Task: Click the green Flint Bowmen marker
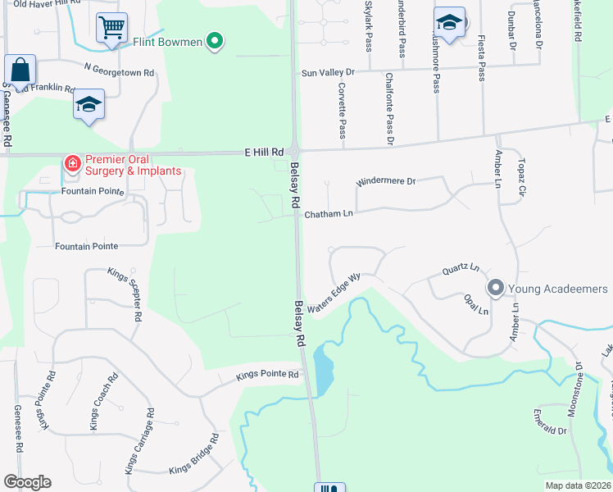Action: [215, 40]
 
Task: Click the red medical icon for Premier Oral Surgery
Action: [73, 164]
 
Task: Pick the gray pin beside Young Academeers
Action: [495, 288]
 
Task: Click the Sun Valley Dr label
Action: [328, 72]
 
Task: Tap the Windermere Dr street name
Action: [387, 181]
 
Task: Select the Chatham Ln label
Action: [329, 214]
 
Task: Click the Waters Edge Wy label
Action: [334, 289]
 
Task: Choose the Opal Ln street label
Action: [476, 305]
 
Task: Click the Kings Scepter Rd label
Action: [126, 294]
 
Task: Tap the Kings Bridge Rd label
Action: [193, 453]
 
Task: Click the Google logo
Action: [27, 482]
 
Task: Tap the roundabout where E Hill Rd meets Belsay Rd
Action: [294, 153]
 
